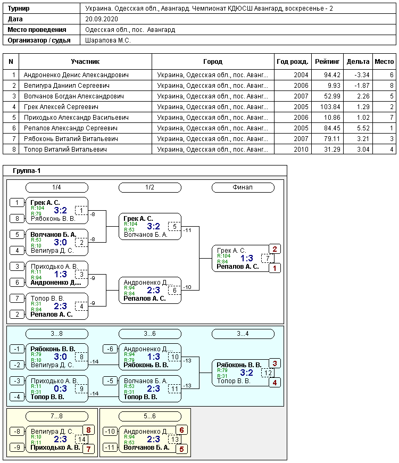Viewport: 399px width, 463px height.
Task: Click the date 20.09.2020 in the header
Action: [x=102, y=19]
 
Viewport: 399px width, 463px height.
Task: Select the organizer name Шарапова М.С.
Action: [x=107, y=40]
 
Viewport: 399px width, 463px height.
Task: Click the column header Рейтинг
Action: [x=327, y=61]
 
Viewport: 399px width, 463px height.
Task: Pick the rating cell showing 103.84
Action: [x=330, y=107]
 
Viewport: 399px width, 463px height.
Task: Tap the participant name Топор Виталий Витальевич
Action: [x=65, y=150]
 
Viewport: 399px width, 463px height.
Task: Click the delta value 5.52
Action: [x=363, y=128]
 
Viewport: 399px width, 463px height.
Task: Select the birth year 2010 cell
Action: [x=301, y=150]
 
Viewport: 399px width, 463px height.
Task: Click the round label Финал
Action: [x=243, y=187]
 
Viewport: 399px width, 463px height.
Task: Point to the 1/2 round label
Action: [x=150, y=187]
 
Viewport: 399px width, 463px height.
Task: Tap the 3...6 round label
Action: [x=150, y=334]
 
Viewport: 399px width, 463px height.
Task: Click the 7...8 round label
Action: [x=57, y=416]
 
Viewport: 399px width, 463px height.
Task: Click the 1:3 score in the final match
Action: [x=247, y=258]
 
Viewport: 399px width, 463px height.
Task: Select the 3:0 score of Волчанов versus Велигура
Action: [x=60, y=243]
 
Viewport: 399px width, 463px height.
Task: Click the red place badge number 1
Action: [x=275, y=268]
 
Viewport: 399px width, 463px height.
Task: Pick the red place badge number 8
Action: [x=88, y=430]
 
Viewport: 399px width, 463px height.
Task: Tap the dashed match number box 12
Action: [x=268, y=373]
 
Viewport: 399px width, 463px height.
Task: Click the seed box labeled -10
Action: [x=110, y=432]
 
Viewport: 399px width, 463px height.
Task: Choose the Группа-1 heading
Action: [x=27, y=171]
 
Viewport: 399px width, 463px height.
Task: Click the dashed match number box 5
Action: [x=174, y=227]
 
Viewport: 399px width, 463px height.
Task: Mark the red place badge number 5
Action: [x=181, y=449]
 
